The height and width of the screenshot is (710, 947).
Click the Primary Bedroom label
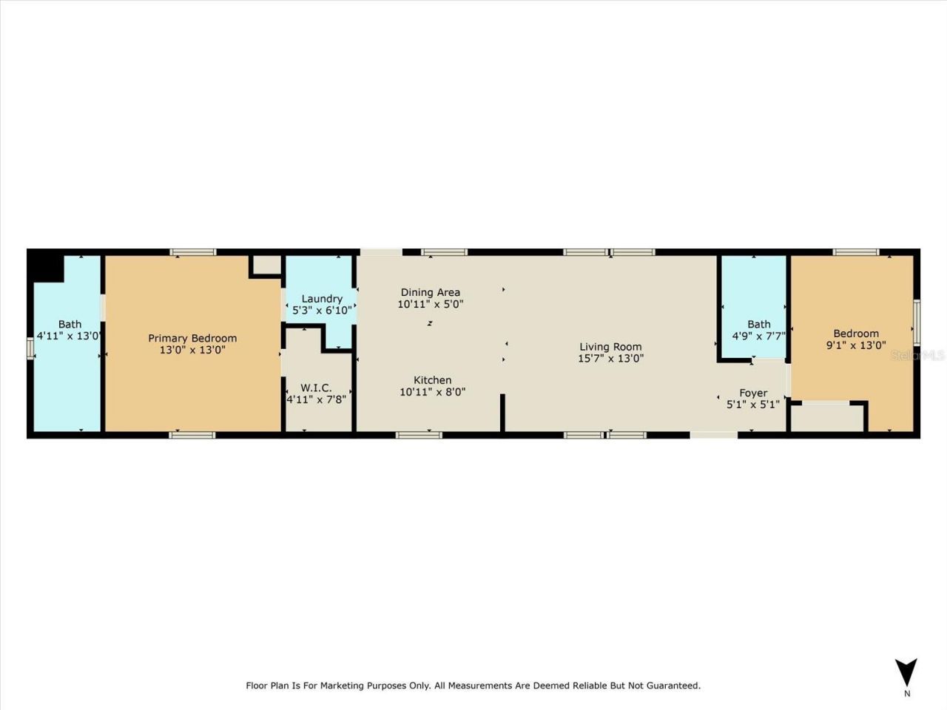[192, 338]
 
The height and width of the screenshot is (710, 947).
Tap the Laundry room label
[322, 299]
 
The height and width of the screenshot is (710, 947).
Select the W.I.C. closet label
[316, 388]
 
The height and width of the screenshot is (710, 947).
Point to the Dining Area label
[430, 292]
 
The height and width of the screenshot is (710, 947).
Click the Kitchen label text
[432, 380]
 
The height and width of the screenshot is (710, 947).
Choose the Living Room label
[610, 346]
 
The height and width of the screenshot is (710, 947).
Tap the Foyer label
[753, 393]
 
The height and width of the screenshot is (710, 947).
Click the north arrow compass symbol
[906, 672]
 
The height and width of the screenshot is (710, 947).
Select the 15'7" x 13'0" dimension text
[610, 359]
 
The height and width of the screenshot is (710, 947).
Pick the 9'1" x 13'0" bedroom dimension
[856, 345]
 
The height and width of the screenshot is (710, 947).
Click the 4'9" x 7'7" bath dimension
[758, 336]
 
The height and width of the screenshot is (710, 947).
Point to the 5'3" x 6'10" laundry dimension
[322, 311]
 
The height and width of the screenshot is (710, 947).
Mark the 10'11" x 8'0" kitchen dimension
[432, 392]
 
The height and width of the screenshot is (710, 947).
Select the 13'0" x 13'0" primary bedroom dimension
[192, 350]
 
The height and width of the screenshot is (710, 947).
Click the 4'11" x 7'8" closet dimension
[316, 399]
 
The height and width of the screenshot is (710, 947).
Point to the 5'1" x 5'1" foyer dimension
[753, 405]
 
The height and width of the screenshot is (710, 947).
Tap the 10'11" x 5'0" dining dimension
[430, 304]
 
